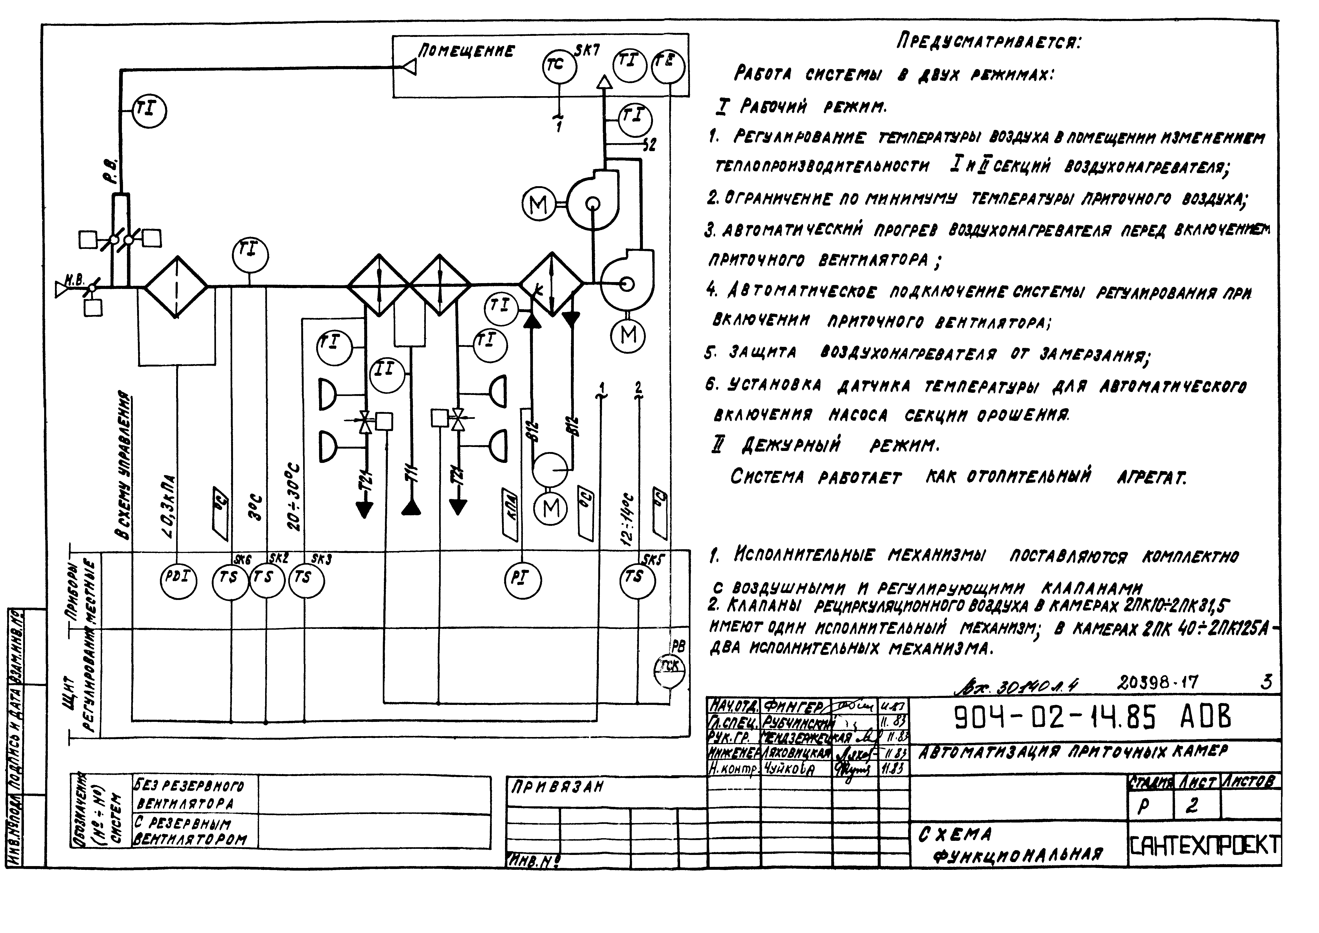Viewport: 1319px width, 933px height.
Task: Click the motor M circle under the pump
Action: click(551, 509)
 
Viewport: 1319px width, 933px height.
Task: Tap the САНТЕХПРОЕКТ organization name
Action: click(1205, 845)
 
